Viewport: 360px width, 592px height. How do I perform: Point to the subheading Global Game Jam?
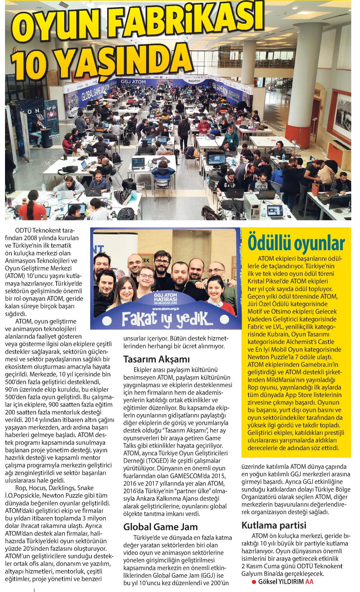pos(160,526)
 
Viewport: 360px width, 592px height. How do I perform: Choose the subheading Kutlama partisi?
pos(274,525)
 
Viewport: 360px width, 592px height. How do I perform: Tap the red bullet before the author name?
pos(253,582)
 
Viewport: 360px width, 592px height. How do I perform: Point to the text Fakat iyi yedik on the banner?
pos(165,317)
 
